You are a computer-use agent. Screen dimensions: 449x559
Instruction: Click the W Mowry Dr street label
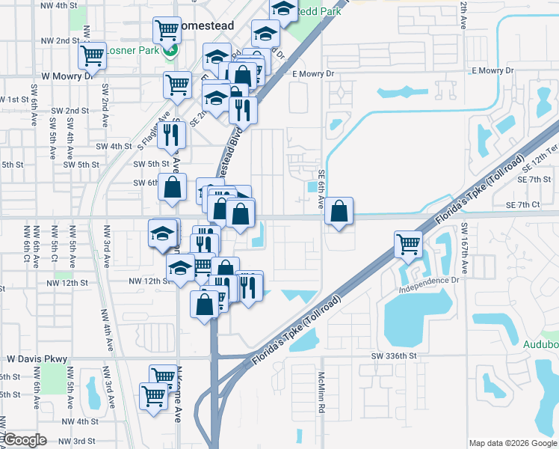click(x=67, y=76)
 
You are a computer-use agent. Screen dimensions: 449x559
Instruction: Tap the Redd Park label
click(x=318, y=12)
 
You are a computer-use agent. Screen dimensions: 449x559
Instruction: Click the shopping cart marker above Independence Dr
click(x=408, y=243)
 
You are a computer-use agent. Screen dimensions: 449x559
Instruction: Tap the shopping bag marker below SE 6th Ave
click(x=339, y=211)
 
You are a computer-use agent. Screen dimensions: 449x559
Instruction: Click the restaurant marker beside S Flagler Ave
click(x=173, y=135)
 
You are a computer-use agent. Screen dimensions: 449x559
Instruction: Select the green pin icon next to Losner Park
click(x=172, y=51)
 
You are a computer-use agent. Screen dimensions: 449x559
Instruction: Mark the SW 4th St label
click(x=111, y=147)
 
